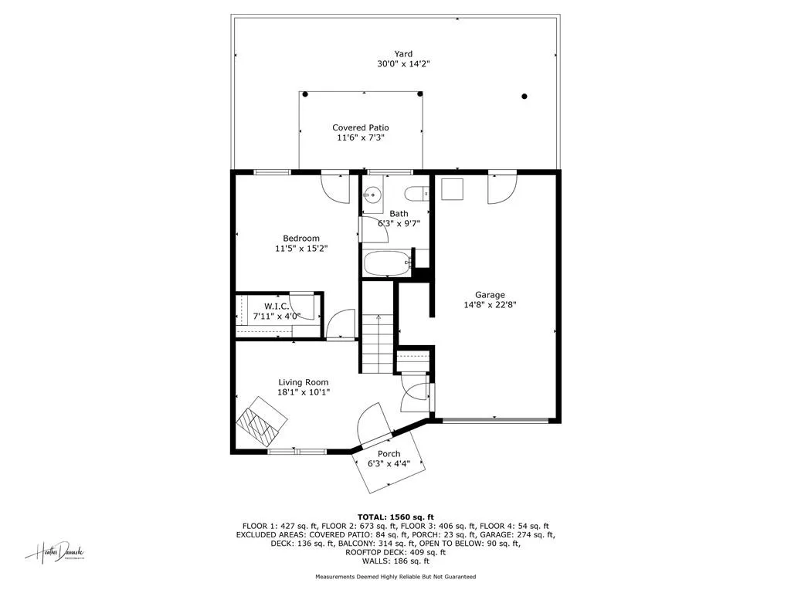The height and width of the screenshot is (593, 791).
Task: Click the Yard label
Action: tap(403, 54)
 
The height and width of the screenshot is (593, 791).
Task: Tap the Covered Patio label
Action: tap(361, 127)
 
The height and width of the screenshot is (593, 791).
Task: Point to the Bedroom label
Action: tap(300, 239)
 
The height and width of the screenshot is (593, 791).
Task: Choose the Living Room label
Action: tap(304, 382)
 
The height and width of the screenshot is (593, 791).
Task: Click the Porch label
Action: tap(389, 454)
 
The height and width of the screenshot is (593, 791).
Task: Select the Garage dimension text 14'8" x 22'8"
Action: tap(490, 305)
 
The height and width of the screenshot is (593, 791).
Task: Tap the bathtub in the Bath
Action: tap(388, 265)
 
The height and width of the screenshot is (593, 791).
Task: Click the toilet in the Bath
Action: tap(418, 194)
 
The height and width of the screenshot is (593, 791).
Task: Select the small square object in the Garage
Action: tap(451, 189)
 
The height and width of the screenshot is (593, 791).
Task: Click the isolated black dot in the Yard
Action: tap(525, 97)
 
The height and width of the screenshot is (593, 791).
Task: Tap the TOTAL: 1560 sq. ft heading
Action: tap(395, 517)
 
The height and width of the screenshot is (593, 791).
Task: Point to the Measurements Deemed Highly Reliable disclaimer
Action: tap(395, 577)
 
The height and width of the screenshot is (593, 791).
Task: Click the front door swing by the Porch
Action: tap(375, 423)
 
